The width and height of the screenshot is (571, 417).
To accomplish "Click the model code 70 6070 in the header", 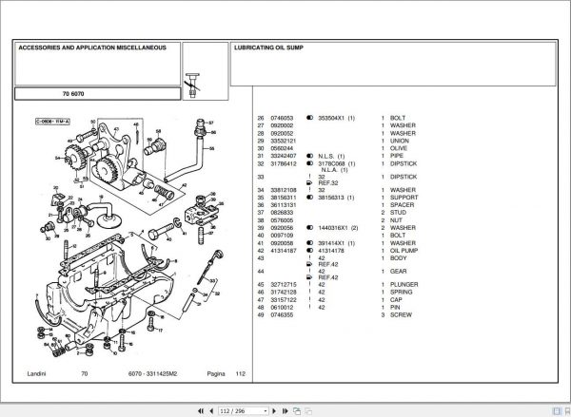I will point(73,95).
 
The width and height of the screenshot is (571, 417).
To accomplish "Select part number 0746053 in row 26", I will point(283,118).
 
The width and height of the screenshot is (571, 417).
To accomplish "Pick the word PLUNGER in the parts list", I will point(405,284).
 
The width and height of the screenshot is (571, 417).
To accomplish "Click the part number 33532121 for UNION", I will point(284,141).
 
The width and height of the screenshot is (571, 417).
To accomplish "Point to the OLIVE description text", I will point(400,148).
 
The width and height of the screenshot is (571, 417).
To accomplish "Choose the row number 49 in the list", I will point(261,313).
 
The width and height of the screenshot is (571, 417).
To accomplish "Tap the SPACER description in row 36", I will point(404,205).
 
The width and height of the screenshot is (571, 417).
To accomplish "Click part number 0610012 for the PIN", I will point(283,307).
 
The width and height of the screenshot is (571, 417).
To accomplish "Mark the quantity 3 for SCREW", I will point(382,313).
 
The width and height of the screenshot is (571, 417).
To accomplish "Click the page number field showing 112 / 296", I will point(232,409).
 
